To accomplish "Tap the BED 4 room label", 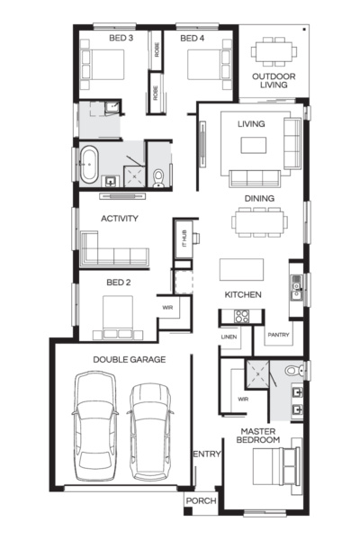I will pyautogui.click(x=193, y=39).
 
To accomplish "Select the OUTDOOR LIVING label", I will pyautogui.click(x=273, y=83).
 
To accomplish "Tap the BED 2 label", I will pyautogui.click(x=119, y=282).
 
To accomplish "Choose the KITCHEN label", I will pyautogui.click(x=243, y=294).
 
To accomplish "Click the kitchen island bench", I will pyautogui.click(x=242, y=269).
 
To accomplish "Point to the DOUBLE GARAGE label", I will pyautogui.click(x=129, y=359).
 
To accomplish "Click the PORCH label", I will pyautogui.click(x=199, y=500).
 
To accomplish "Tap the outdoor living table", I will pyautogui.click(x=272, y=51).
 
